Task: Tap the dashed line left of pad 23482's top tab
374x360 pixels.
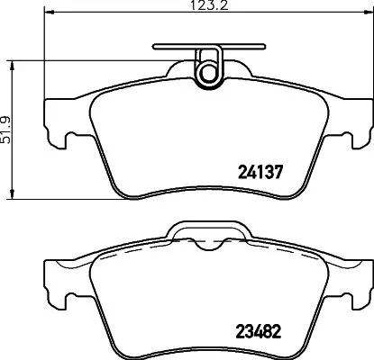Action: click(135, 249)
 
